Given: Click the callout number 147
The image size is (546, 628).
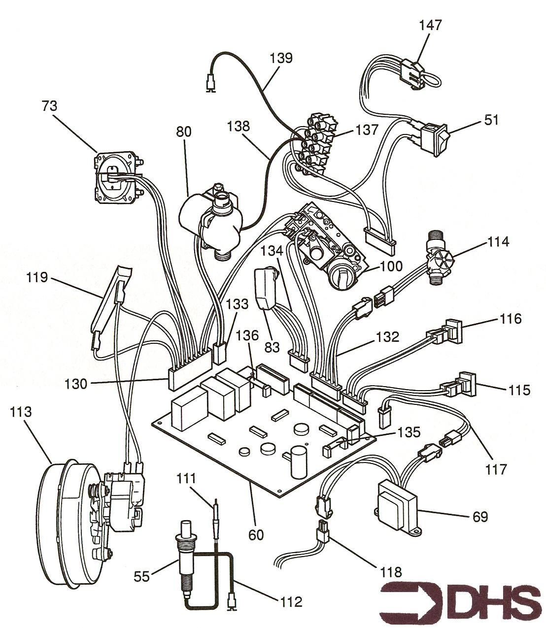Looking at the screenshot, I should [430, 25].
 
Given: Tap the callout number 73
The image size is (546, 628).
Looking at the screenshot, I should [49, 105].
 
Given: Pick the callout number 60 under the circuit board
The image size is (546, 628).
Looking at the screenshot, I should [256, 534].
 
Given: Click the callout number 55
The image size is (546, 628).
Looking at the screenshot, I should [142, 576].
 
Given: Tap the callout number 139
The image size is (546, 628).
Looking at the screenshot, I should [281, 58].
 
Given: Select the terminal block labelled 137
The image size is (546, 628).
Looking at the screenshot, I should [315, 145].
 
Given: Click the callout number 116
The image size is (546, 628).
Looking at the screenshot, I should [510, 319].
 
